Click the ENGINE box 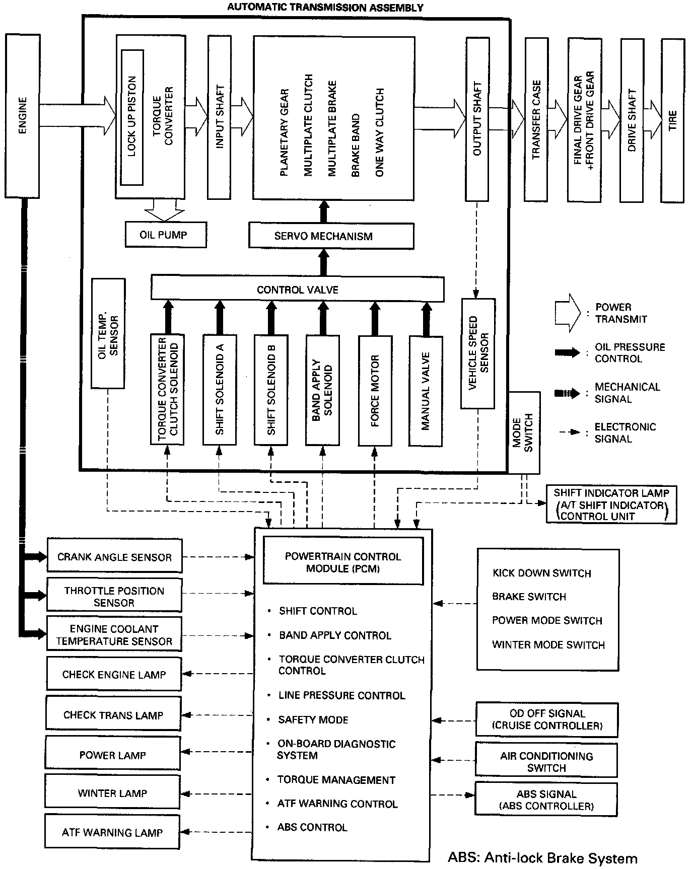coord(22,116)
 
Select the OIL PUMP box coord(165,235)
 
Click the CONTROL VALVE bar coord(297,289)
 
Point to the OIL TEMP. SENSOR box coord(108,334)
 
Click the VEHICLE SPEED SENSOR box coord(477,353)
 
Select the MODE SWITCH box coord(524,432)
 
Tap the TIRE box coord(672,121)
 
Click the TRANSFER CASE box coord(536,120)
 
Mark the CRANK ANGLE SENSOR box coord(114,556)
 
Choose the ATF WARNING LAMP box coord(112,832)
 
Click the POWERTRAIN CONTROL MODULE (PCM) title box coord(343,562)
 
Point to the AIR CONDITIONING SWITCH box coord(546,762)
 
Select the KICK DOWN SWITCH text coord(541,573)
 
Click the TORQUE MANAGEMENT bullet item coord(336,780)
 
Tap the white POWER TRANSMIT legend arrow coord(568,313)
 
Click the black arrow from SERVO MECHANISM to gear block coord(324,211)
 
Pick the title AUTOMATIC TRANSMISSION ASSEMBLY coord(325,7)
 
